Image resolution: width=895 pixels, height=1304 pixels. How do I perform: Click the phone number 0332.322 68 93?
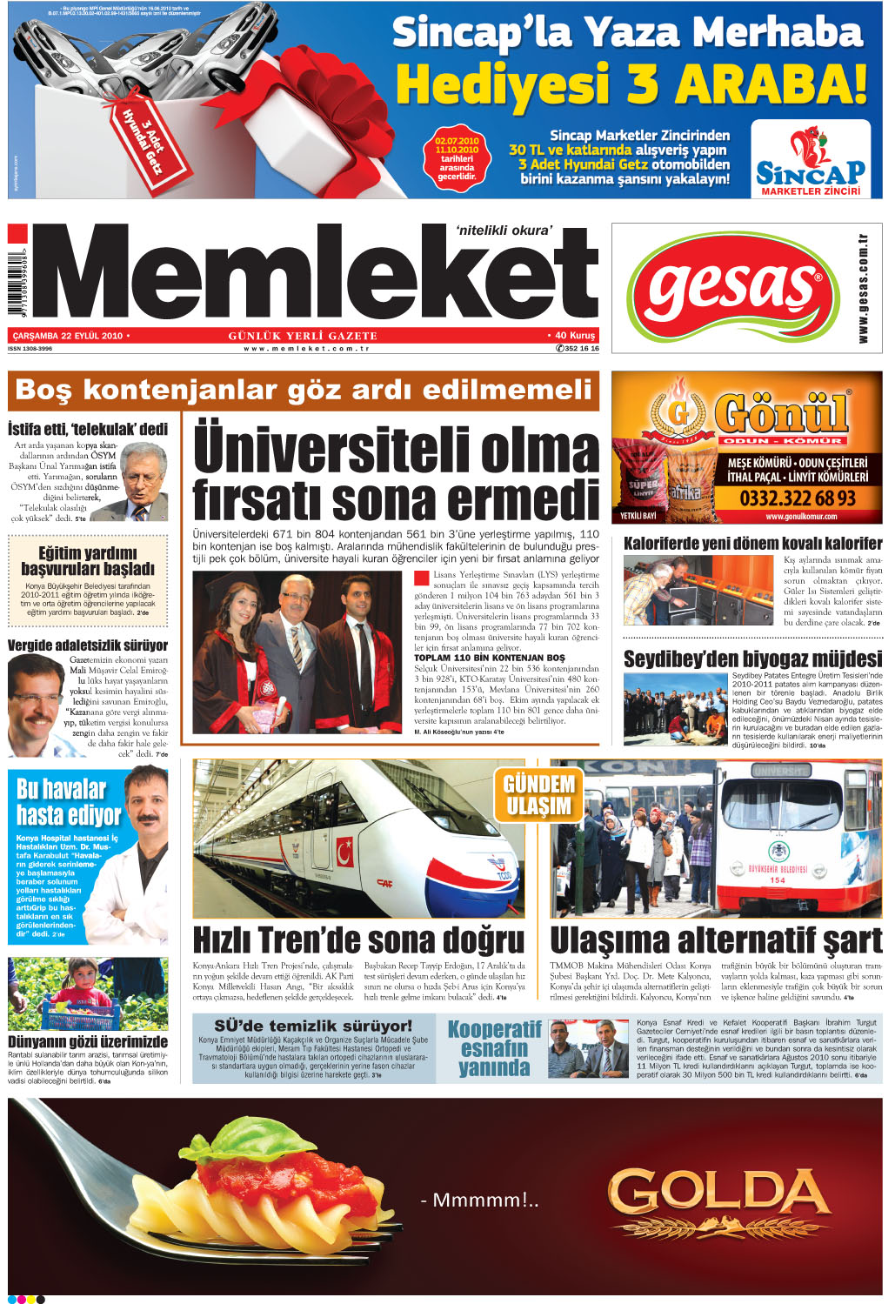coord(797,498)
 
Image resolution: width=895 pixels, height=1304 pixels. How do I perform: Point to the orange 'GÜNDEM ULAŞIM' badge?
coord(538,794)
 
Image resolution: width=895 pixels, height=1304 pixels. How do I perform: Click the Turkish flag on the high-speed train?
coord(345,846)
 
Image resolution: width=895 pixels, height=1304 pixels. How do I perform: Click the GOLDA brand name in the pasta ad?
coord(718,1194)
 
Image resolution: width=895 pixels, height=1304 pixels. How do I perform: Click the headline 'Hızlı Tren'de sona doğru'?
coord(358,940)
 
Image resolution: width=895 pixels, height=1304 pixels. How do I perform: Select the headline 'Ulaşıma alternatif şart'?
coord(716,940)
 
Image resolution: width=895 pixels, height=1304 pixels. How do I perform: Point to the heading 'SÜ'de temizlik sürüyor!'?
coord(313,1026)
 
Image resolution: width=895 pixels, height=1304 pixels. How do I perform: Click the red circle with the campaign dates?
coord(457,157)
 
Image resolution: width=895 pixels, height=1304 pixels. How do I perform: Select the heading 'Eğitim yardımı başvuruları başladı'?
coord(88,561)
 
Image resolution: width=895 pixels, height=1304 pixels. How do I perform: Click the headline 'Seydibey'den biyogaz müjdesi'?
coord(752,659)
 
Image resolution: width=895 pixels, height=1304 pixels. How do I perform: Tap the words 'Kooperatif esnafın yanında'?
coord(493,1048)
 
